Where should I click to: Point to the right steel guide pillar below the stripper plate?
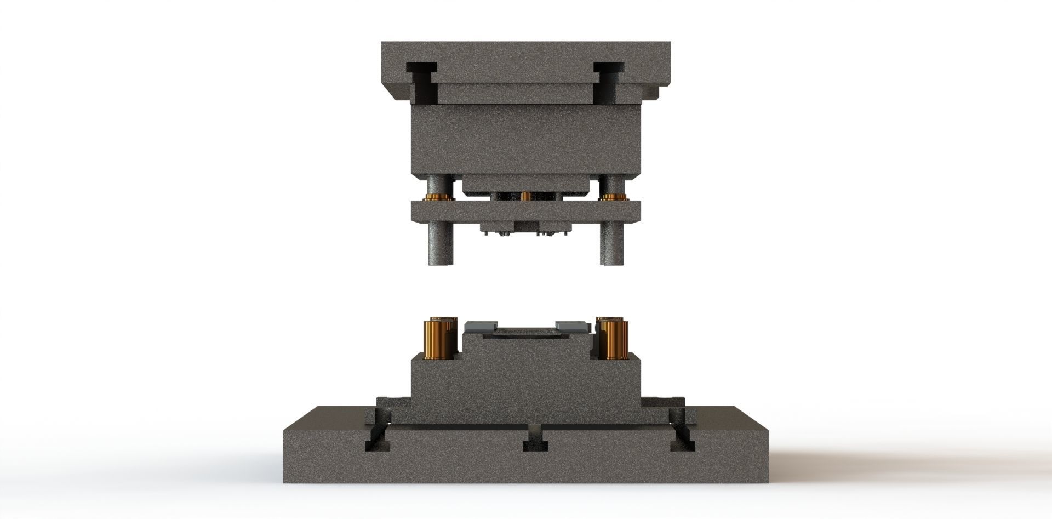(611, 244)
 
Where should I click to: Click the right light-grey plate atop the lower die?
(573, 327)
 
